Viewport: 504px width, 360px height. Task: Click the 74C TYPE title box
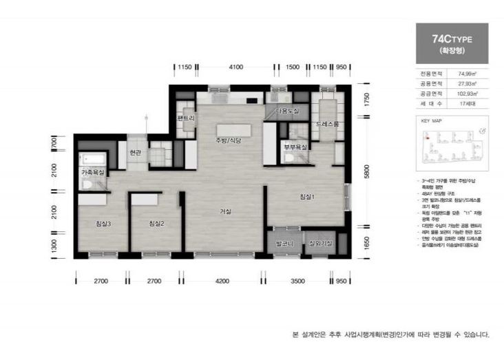452,43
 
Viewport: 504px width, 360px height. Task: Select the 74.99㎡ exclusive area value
468,72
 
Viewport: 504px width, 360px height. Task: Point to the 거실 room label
225,211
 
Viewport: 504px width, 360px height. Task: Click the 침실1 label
306,197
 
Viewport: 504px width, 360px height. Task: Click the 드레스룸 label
327,125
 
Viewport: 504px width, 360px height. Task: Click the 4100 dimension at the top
236,67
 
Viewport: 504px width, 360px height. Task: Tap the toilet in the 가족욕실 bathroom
87,184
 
